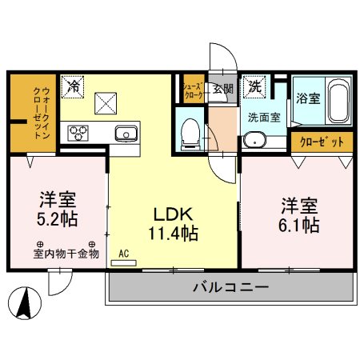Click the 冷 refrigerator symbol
tap(74, 84)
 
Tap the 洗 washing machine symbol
tap(254, 86)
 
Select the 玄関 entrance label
tap(222, 89)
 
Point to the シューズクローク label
tap(193, 89)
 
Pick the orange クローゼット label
tap(323, 142)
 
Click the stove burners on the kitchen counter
tap(79, 132)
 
